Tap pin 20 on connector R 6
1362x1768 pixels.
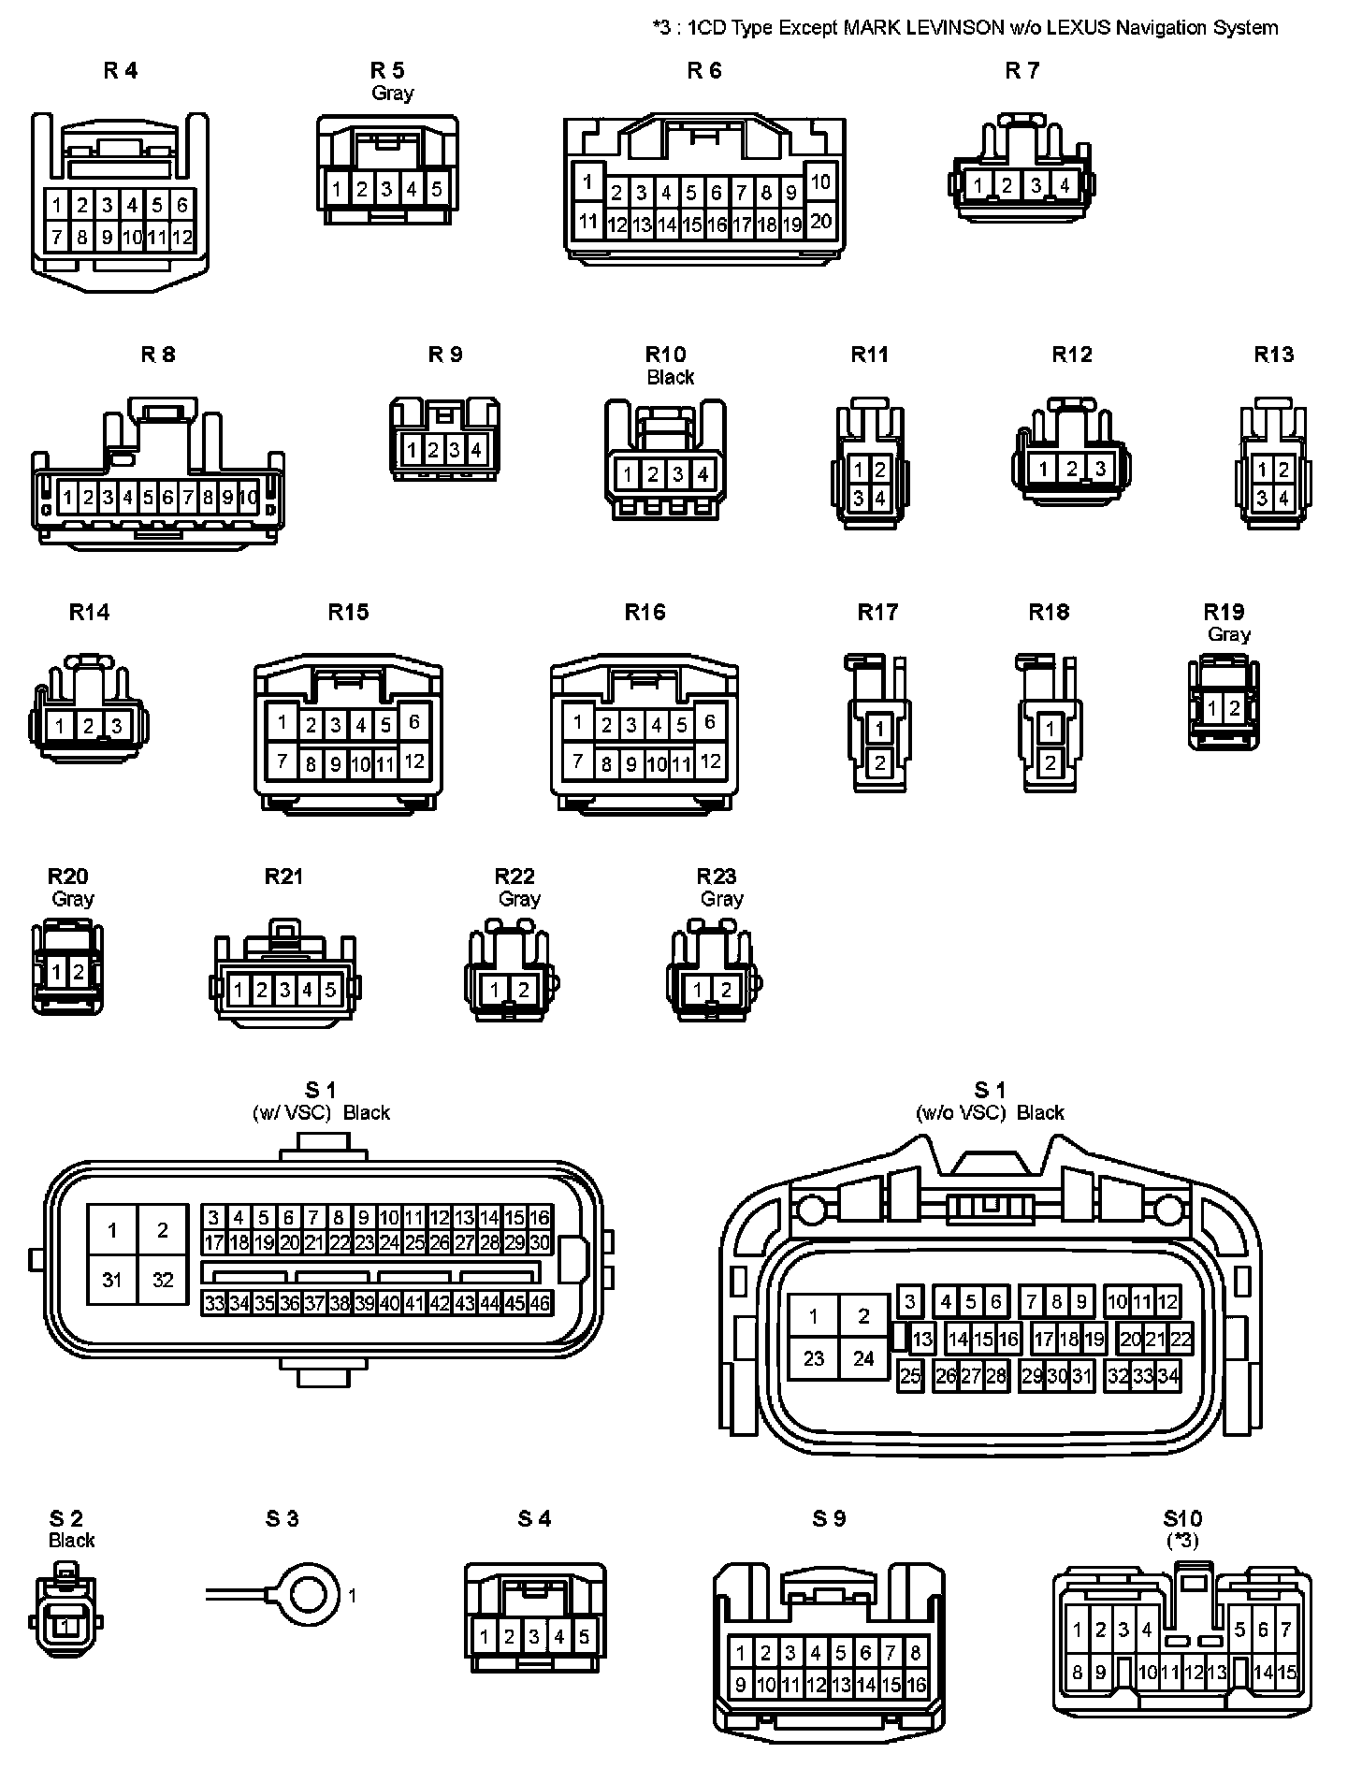[820, 222]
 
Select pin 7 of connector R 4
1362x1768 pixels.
[57, 238]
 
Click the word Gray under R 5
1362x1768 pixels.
[392, 93]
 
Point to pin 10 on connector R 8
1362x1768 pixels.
[248, 498]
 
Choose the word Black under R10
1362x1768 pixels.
[670, 377]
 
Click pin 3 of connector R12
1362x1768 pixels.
[1100, 469]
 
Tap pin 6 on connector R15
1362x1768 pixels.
[413, 721]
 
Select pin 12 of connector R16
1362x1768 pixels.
[710, 761]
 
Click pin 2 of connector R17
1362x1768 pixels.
[878, 763]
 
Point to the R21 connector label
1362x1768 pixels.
[283, 877]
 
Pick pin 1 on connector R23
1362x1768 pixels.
[698, 989]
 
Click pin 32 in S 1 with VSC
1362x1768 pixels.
[163, 1279]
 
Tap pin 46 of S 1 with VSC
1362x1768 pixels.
[540, 1303]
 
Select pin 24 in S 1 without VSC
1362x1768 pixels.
[863, 1357]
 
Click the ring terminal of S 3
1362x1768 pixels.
[309, 1595]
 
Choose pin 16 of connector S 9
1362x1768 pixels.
[916, 1685]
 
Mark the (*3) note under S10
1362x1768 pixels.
[1182, 1540]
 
